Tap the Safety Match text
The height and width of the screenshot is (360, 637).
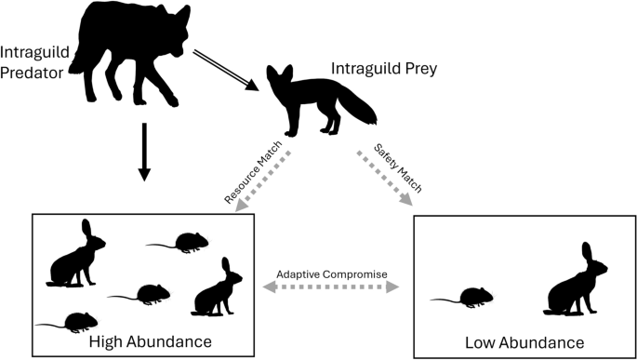coord(398,167)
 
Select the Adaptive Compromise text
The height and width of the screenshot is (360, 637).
coord(331,276)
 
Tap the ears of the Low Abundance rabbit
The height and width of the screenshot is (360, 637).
coord(587,254)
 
